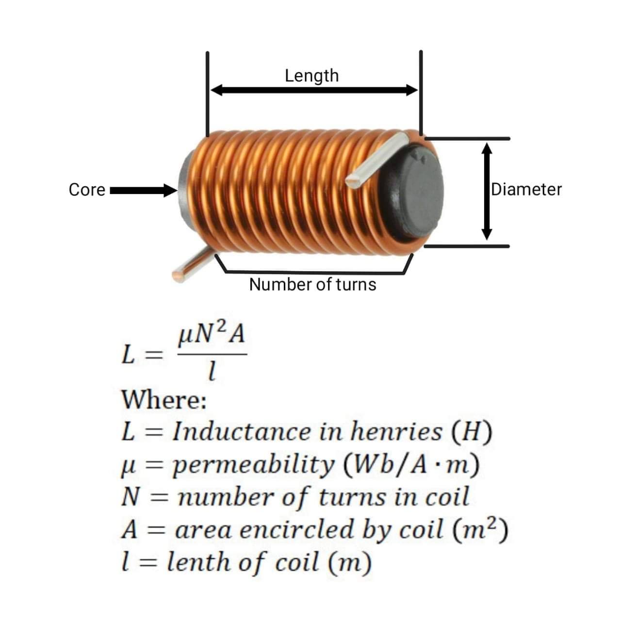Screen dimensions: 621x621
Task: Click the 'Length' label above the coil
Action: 311,76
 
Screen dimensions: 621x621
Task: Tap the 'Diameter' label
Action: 526,190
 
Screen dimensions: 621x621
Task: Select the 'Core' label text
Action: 87,190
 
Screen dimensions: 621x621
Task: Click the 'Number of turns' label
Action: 312,285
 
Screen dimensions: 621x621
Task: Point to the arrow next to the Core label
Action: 144,191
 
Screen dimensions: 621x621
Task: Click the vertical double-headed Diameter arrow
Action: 487,192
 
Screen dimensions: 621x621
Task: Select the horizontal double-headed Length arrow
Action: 314,90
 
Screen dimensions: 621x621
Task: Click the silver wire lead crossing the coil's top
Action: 377,160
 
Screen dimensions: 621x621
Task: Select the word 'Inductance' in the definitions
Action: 242,432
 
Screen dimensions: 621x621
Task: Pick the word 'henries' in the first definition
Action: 396,432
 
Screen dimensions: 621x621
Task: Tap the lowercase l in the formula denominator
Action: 212,371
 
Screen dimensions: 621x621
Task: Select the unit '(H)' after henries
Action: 472,432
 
